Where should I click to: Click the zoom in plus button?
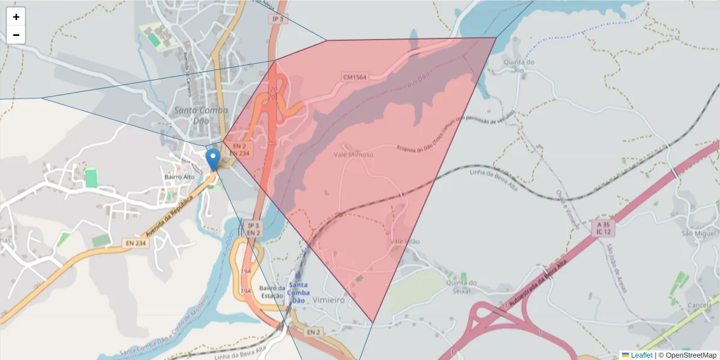point(16,17)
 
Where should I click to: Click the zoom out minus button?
point(16,35)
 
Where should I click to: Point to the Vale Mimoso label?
point(353,155)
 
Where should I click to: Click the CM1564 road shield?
point(355,77)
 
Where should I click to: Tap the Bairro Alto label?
point(179,177)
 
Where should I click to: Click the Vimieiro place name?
point(329,301)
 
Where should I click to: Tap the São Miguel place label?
point(699,233)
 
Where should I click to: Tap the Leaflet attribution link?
point(641,355)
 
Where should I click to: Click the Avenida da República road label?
point(172,216)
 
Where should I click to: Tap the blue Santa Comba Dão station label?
point(298,292)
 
